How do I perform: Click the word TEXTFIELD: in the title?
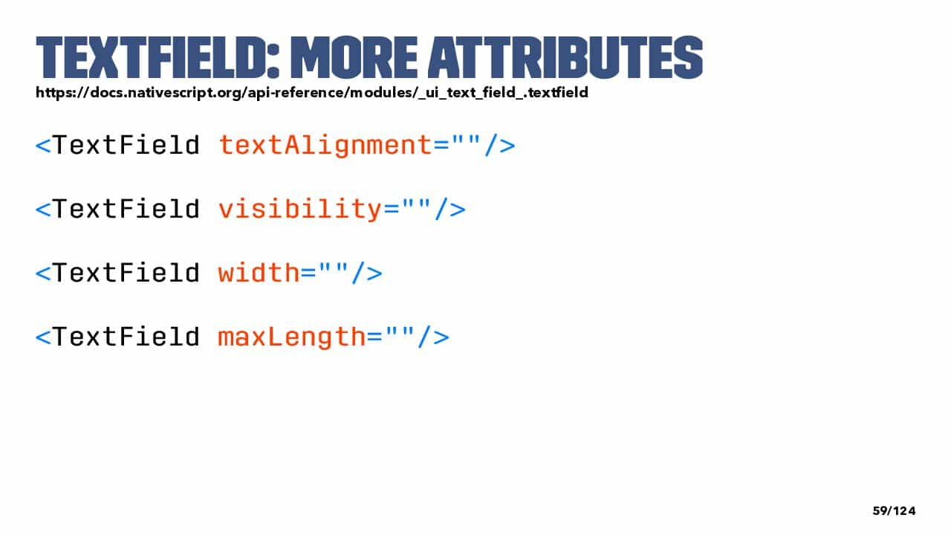[158, 57]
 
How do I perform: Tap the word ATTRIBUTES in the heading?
[566, 57]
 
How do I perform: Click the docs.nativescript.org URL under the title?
[312, 93]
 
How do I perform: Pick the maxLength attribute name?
[292, 337]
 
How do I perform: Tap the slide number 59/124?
[894, 510]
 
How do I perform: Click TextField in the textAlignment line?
[126, 145]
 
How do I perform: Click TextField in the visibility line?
[126, 209]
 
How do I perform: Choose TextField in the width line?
[126, 273]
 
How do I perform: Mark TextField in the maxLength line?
[126, 337]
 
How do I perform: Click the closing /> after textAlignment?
[500, 145]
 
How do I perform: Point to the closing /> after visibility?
[450, 209]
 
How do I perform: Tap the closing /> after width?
[367, 273]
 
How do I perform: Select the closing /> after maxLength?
[433, 337]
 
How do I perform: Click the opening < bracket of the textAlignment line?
[43, 146]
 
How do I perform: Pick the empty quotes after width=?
[334, 267]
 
